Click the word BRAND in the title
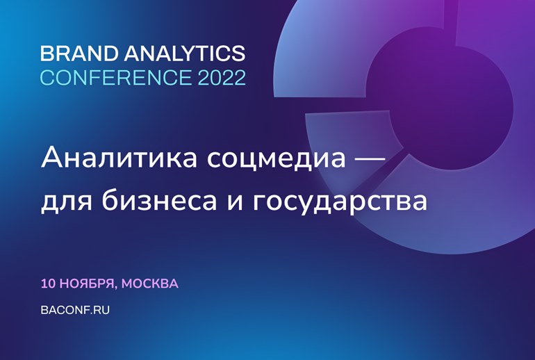click(x=79, y=54)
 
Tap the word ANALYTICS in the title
click(x=185, y=54)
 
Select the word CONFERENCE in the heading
click(x=116, y=77)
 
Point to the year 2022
click(x=222, y=77)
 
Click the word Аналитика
click(x=119, y=158)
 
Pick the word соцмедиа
click(x=277, y=159)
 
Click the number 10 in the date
click(x=48, y=284)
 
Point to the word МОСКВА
click(x=150, y=284)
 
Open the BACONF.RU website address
click(x=75, y=310)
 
